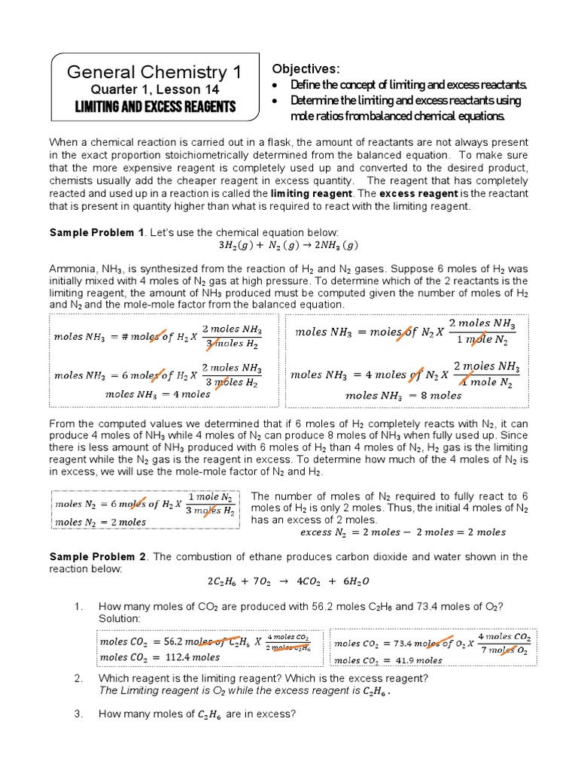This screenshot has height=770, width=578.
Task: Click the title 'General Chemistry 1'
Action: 155,72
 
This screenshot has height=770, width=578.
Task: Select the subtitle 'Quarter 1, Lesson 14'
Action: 155,90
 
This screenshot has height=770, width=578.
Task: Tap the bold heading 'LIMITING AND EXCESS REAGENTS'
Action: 155,107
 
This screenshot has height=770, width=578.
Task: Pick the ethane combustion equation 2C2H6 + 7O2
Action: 289,581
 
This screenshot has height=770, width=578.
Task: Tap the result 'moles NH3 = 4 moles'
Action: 157,394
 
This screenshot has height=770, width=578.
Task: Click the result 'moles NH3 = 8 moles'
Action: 403,395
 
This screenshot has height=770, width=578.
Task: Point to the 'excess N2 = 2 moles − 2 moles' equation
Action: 403,532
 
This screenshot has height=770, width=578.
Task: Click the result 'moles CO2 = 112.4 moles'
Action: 160,657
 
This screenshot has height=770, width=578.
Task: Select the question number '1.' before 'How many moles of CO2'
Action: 78,606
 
